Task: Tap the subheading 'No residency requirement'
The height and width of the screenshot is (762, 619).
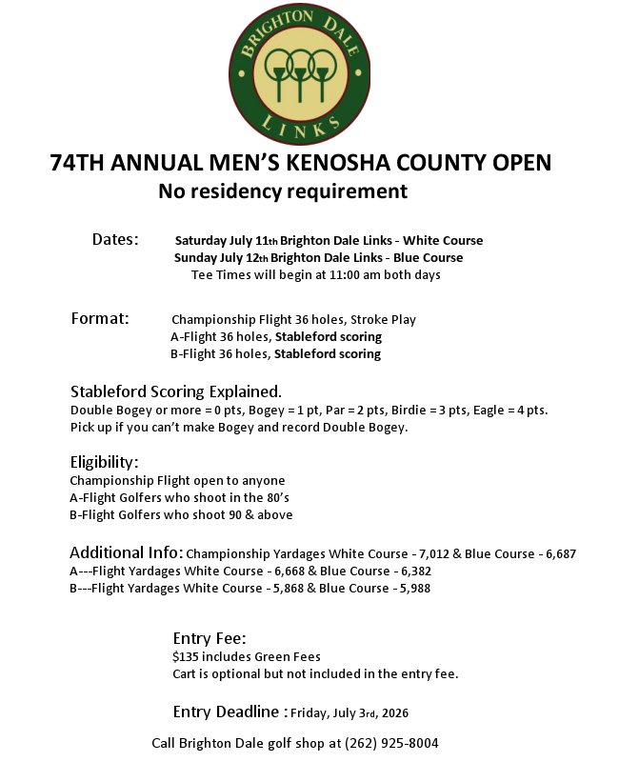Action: (x=283, y=191)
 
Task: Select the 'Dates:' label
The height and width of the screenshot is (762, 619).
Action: (x=115, y=238)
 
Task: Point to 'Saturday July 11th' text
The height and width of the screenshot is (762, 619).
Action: (x=226, y=240)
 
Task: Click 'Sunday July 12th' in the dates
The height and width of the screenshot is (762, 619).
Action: (x=221, y=257)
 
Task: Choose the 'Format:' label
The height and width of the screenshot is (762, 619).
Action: (x=100, y=318)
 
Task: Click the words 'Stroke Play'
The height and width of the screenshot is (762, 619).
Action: (x=384, y=320)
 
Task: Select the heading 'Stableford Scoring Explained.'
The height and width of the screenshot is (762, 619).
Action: (x=176, y=391)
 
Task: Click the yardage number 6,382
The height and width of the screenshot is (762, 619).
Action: (x=410, y=571)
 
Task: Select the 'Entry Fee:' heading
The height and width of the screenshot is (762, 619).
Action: (x=210, y=638)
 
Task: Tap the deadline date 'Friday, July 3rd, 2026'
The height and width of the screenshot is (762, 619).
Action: (x=349, y=712)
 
